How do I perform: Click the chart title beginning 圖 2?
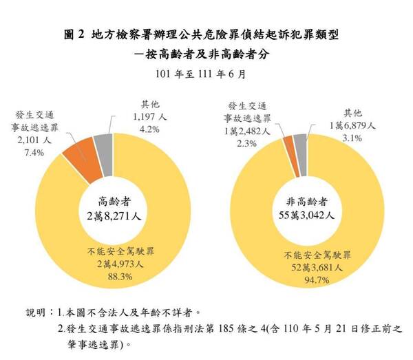[x=206, y=32]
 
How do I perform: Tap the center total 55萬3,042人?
[x=309, y=215]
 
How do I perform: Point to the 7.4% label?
[x=32, y=152]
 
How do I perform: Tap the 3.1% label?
[x=352, y=138]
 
